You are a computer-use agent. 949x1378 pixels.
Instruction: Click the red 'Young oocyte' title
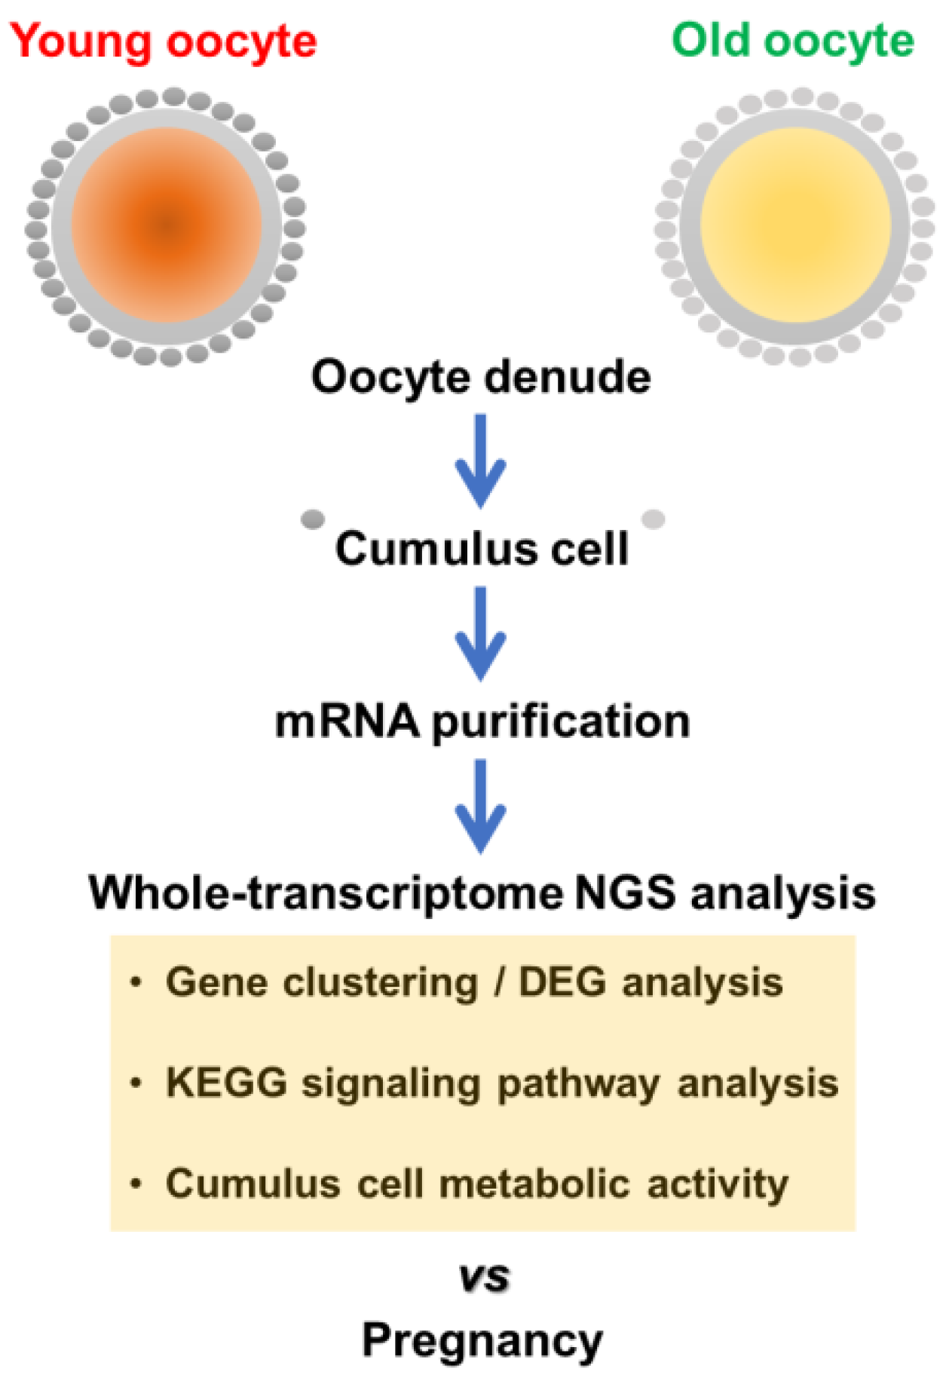pyautogui.click(x=163, y=41)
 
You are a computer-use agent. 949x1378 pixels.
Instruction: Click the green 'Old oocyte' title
pyautogui.click(x=792, y=41)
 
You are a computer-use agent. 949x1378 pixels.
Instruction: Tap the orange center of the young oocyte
pyautogui.click(x=167, y=225)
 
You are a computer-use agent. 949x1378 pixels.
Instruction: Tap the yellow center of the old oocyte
pyautogui.click(x=795, y=225)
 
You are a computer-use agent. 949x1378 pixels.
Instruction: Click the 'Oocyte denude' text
pyautogui.click(x=481, y=377)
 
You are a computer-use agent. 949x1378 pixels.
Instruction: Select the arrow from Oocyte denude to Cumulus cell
pyautogui.click(x=480, y=461)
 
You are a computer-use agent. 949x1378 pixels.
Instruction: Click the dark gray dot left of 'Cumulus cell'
pyautogui.click(x=313, y=519)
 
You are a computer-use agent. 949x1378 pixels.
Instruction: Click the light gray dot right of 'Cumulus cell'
pyautogui.click(x=653, y=519)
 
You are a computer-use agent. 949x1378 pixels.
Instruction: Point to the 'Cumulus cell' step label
pyautogui.click(x=481, y=549)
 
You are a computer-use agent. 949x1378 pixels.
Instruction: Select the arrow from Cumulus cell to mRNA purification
pyautogui.click(x=480, y=633)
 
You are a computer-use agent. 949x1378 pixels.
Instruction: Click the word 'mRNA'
pyautogui.click(x=347, y=721)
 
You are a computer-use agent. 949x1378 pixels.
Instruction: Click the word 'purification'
pyautogui.click(x=561, y=722)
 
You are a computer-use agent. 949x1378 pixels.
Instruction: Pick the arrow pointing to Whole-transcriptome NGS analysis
pyautogui.click(x=480, y=806)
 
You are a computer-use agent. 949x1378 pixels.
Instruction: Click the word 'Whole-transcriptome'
pyautogui.click(x=326, y=893)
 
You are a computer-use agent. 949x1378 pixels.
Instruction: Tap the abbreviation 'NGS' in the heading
pyautogui.click(x=625, y=893)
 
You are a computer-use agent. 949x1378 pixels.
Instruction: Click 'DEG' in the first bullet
pyautogui.click(x=562, y=982)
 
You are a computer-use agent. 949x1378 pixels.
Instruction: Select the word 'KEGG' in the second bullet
pyautogui.click(x=226, y=1083)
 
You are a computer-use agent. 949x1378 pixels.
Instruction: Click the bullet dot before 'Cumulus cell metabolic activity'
pyautogui.click(x=136, y=1184)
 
